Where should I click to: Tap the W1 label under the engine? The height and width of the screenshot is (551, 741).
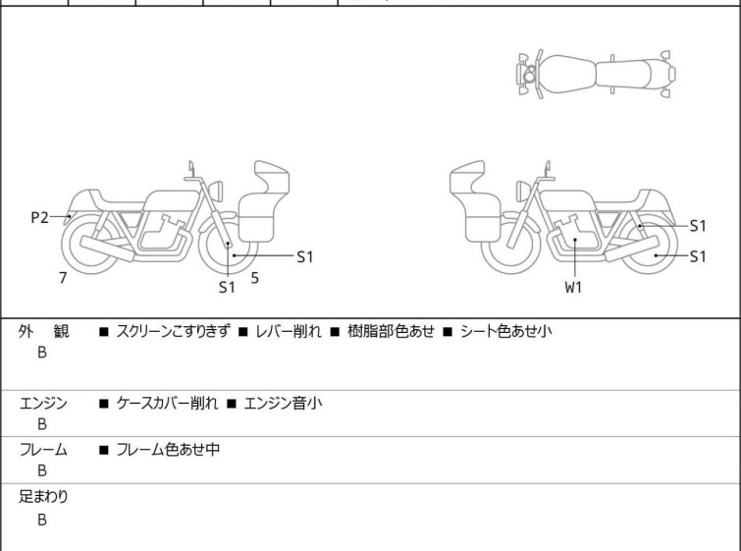573,288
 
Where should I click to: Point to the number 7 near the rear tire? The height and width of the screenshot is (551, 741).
63,278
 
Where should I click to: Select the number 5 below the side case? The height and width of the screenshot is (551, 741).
254,278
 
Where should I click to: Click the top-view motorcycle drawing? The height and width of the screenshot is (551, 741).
597,73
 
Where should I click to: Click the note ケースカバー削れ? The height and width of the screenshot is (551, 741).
165,403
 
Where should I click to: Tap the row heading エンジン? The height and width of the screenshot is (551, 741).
43,403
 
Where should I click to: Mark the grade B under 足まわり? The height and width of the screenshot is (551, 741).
42,520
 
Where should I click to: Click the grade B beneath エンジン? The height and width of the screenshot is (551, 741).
42,424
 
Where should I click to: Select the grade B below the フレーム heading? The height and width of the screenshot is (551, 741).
42,471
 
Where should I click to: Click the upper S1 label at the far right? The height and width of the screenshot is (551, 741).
697,225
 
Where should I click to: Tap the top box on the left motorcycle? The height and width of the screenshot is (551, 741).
272,179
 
